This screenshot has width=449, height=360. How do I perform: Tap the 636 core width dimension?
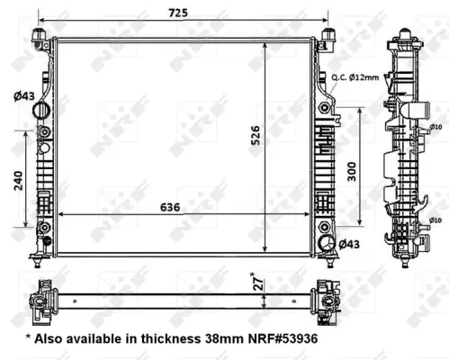(x=170, y=207)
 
